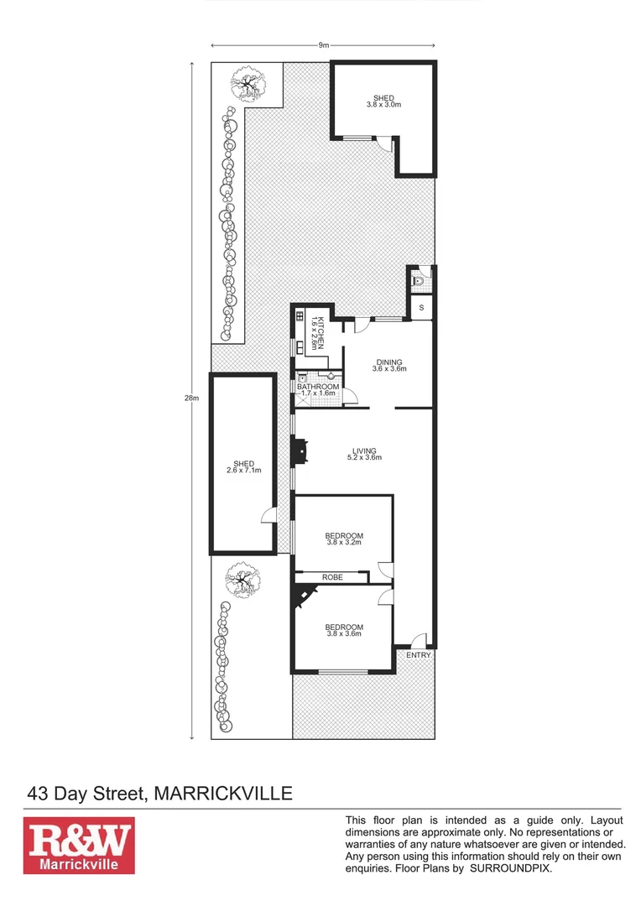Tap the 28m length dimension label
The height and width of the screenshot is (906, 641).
click(191, 398)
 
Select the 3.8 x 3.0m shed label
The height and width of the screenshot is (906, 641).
click(383, 102)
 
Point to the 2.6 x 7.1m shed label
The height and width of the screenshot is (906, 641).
click(243, 466)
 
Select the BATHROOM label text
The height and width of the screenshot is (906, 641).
click(318, 388)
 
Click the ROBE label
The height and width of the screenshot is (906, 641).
click(333, 577)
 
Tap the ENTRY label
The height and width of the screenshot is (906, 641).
click(418, 654)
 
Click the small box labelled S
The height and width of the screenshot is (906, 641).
click(420, 308)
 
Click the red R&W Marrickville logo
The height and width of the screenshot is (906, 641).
click(78, 846)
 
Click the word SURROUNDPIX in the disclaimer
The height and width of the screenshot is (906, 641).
click(510, 869)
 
